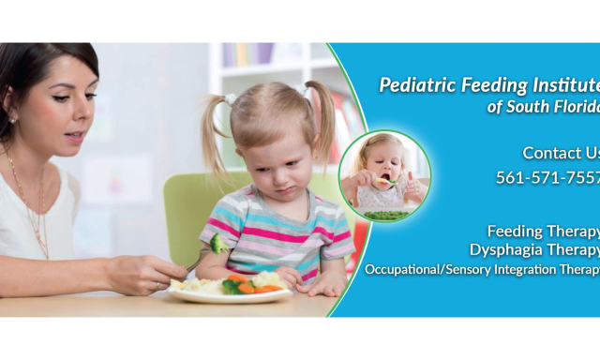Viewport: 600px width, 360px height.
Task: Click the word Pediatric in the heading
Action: tap(413, 86)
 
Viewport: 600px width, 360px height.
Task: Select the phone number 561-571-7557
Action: tap(547, 178)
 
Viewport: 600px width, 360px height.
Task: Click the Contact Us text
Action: tap(561, 153)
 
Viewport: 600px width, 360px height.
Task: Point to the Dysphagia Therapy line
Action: tap(534, 249)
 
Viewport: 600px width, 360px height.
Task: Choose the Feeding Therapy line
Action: tap(543, 231)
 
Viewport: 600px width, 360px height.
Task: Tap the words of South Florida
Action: tap(543, 107)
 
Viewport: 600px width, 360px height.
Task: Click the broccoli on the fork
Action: tap(217, 244)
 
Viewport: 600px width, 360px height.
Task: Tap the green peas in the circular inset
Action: tap(383, 215)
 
